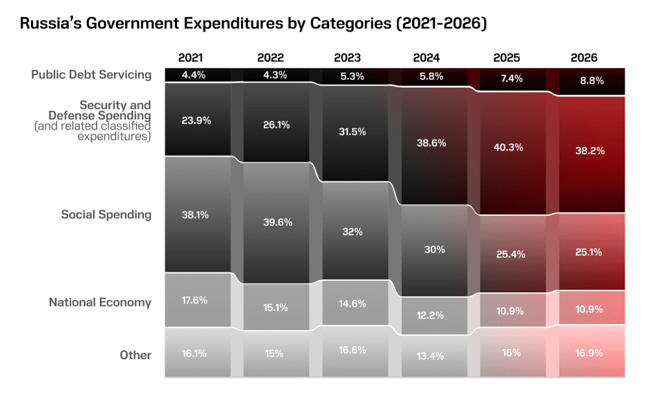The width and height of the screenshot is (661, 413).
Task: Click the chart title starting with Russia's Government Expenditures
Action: tap(253, 24)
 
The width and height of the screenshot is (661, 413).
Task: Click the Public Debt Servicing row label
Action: tap(91, 75)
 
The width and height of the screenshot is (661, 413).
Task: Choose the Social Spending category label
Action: tap(106, 215)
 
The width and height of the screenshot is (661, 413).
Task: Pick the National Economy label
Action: tap(100, 302)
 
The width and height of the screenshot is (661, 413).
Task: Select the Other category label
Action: tap(135, 355)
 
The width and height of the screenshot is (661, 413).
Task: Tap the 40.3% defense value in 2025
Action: tap(507, 147)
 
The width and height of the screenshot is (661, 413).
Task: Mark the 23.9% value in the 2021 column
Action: tap(195, 120)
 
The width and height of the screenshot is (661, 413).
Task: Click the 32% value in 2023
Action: tap(353, 231)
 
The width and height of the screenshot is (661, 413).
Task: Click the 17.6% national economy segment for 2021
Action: tap(195, 300)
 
